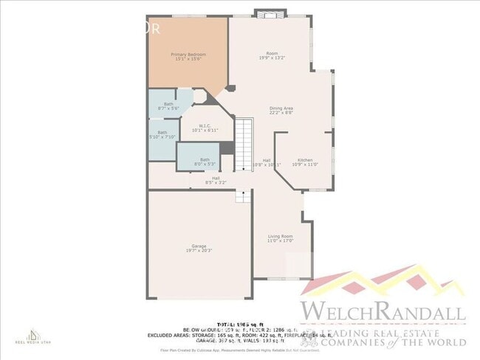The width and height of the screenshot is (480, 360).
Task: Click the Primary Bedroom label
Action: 188,55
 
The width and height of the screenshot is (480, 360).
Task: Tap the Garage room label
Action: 199,246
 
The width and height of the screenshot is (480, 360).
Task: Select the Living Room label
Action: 280,236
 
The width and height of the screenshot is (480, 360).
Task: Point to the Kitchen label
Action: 305,160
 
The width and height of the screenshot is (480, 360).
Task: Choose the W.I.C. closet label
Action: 205,125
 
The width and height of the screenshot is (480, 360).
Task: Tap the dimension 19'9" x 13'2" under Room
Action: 272,58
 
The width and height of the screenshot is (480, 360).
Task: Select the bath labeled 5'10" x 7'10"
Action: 162,136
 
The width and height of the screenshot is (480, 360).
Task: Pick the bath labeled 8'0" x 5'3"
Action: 205,164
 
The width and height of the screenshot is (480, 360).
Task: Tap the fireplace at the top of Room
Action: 266,13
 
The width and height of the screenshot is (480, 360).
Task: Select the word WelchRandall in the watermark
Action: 383,311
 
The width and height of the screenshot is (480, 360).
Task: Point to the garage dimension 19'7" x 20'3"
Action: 199,250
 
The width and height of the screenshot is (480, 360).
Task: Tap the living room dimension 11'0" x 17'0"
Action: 280,240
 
